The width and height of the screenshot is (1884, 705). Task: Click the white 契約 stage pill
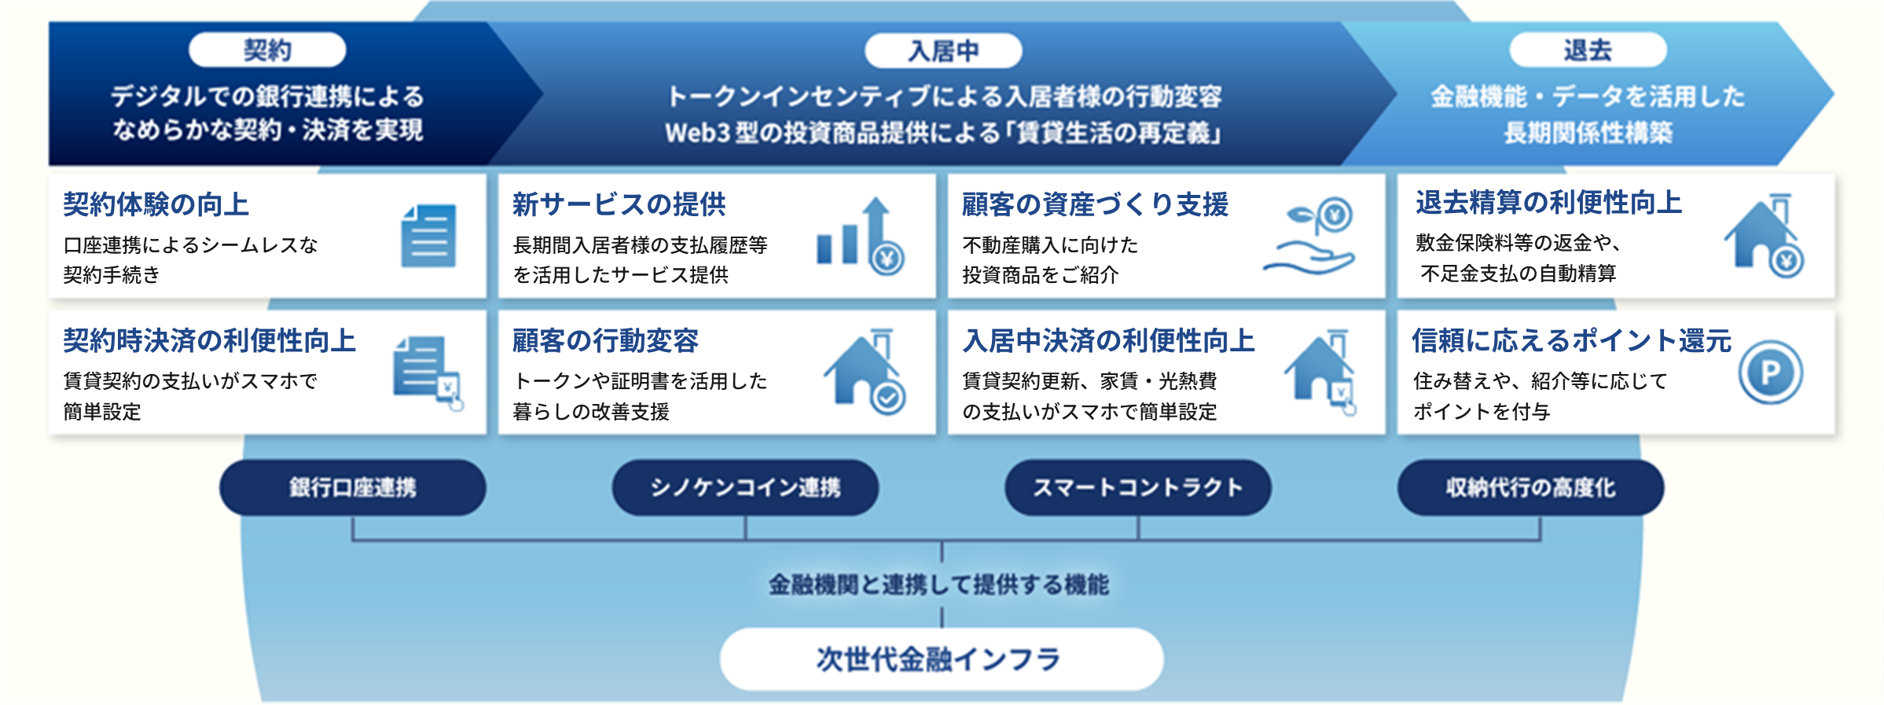(267, 50)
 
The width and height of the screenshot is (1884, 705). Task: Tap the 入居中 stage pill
(943, 51)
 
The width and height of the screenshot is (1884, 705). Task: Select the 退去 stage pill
(1588, 50)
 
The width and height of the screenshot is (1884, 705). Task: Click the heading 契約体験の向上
(156, 204)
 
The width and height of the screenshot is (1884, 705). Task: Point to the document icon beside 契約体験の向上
(428, 236)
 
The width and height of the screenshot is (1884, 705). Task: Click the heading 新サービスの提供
(619, 204)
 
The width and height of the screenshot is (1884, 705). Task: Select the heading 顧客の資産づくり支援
(1095, 204)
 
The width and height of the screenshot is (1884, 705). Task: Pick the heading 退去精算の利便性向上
(1549, 203)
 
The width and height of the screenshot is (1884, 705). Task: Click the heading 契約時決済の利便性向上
(210, 340)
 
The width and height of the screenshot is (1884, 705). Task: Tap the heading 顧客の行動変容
(606, 340)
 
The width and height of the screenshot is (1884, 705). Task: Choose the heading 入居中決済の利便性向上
(1109, 340)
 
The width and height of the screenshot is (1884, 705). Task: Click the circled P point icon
(1770, 372)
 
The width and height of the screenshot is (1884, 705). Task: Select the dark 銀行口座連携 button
(353, 488)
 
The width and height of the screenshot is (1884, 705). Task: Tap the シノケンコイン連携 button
(745, 488)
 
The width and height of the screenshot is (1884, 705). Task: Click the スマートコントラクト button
(1137, 488)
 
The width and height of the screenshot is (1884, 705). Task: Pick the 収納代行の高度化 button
(1530, 488)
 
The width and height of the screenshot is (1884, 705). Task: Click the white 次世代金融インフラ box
(942, 659)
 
